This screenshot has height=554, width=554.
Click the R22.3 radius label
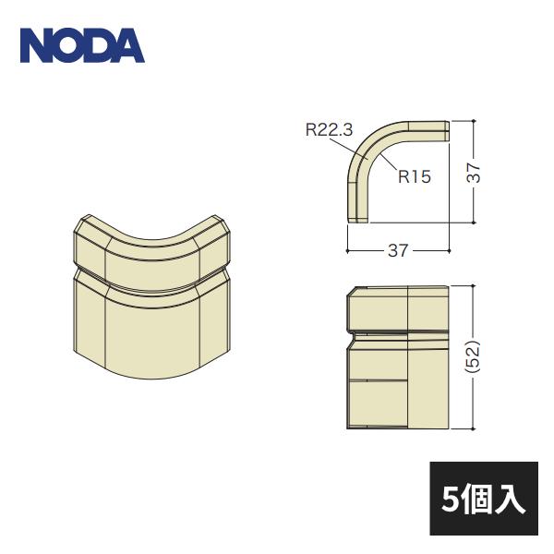pos(330,131)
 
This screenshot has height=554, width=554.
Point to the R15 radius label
pos(415,175)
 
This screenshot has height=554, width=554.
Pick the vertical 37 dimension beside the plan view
pos(474,172)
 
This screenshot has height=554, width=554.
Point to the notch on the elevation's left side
pos(352,331)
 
